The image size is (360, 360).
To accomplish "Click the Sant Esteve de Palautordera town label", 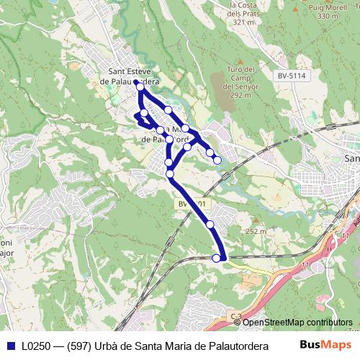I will pos(132,76).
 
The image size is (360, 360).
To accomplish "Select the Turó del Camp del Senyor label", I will pos(237,81).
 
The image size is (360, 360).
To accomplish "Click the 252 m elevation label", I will pos(255,231).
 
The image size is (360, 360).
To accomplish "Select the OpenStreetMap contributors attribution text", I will pos(297,323).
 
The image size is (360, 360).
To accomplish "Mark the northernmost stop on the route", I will pos(137,83).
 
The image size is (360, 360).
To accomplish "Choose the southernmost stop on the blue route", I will pos(217,258).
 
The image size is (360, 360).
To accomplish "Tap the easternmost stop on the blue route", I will pos(217,160).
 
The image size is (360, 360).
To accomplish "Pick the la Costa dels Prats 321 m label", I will pos(243,13).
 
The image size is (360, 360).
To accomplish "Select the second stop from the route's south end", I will pos(210,225).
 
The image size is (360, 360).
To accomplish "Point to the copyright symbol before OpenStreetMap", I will pos(238,323).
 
